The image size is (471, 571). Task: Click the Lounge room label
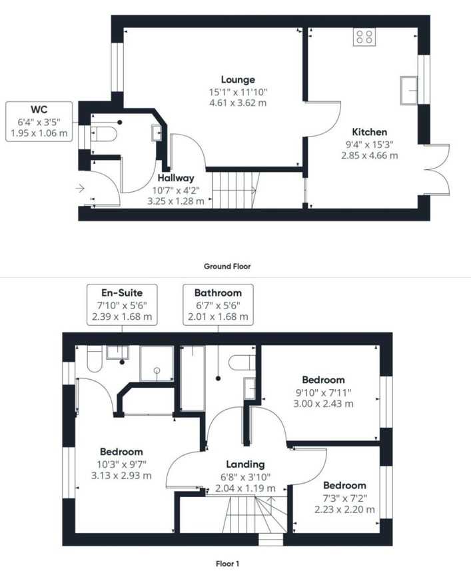[238, 79]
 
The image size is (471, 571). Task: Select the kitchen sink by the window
[409, 91]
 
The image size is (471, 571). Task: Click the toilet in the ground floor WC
[104, 134]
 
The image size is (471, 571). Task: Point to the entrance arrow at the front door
[80, 189]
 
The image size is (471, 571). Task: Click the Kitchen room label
[370, 132]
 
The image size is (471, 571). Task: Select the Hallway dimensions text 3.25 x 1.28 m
[176, 201]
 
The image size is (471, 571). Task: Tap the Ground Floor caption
[227, 267]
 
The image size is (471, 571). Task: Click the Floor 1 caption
[227, 564]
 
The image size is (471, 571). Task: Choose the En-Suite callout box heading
[122, 292]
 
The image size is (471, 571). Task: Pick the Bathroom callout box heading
[218, 292]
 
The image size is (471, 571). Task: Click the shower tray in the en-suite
[157, 363]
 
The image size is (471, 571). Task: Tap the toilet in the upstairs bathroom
[242, 362]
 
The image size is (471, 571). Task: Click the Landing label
[245, 464]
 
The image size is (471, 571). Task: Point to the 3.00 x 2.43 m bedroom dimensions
[323, 404]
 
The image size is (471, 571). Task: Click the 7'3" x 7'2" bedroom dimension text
[344, 498]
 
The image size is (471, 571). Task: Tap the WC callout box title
[39, 109]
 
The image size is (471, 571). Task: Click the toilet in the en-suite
[95, 358]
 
